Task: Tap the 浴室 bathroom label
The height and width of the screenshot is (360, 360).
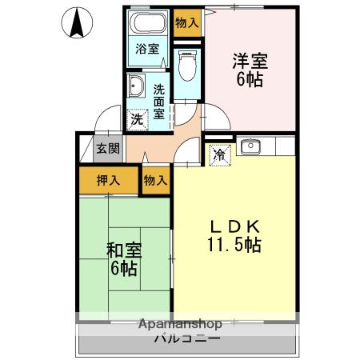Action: pyautogui.click(x=146, y=48)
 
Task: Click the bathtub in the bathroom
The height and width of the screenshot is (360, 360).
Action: pyautogui.click(x=147, y=23)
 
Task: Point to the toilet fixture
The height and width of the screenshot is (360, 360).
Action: pyautogui.click(x=188, y=66)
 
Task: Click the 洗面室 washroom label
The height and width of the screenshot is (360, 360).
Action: pyautogui.click(x=159, y=101)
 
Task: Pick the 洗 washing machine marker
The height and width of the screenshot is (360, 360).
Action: pyautogui.click(x=137, y=120)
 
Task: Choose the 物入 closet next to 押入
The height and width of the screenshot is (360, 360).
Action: pyautogui.click(x=155, y=180)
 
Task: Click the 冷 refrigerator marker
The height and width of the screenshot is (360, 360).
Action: pyautogui.click(x=218, y=155)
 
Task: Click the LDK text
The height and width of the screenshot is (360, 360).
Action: pyautogui.click(x=233, y=226)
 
